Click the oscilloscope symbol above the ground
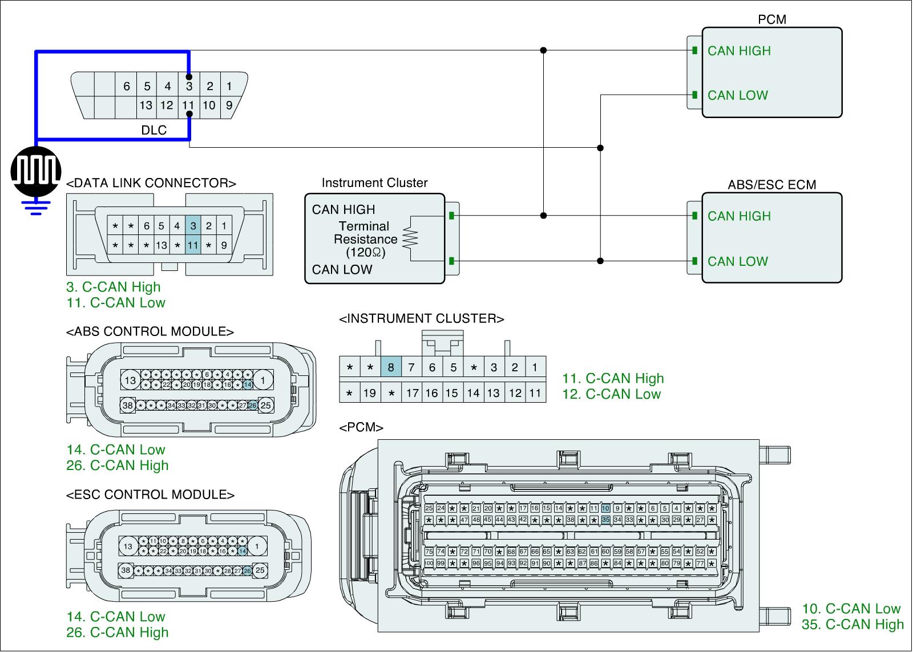click(x=35, y=171)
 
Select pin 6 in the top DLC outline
click(x=127, y=87)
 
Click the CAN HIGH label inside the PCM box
click(x=739, y=51)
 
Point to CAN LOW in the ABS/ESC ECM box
click(x=738, y=261)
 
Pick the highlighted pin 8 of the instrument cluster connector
click(x=391, y=367)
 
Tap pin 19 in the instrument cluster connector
click(x=370, y=392)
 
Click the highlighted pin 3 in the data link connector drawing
click(x=193, y=226)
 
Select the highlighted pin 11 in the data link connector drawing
click(x=193, y=245)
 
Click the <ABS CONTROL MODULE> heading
click(x=150, y=332)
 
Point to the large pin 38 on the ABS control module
click(x=128, y=406)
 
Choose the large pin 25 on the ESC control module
click(x=260, y=569)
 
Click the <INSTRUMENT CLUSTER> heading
click(x=422, y=319)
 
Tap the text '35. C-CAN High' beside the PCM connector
click(x=853, y=625)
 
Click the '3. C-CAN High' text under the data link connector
click(x=114, y=287)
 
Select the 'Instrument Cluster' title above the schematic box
click(x=374, y=183)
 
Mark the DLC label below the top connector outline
click(x=154, y=130)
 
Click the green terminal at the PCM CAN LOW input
click(x=694, y=95)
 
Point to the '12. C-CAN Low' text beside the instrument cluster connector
click(x=611, y=394)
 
